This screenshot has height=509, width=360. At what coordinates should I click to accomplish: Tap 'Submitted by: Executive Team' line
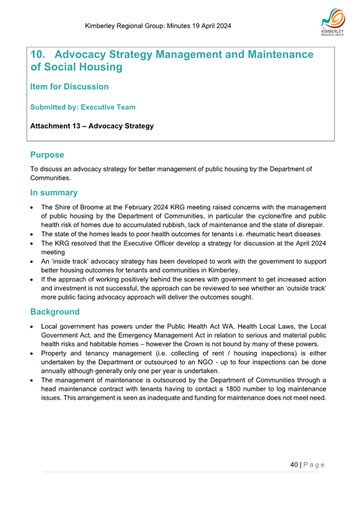(83, 107)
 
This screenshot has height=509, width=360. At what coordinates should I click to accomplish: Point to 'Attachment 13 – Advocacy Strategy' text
(92, 126)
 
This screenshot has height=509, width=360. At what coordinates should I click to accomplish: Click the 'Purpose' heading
(47, 155)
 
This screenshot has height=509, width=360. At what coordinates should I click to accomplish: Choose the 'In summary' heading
(54, 193)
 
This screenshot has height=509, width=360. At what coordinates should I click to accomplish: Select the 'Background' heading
(55, 312)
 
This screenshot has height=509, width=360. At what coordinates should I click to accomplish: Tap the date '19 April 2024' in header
(207, 26)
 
